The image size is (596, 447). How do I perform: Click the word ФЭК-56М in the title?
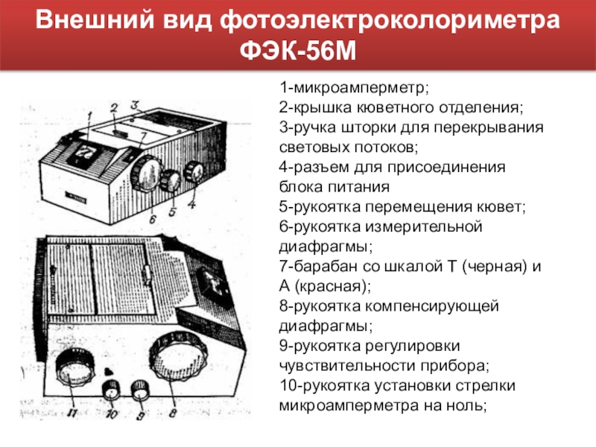tap(298, 51)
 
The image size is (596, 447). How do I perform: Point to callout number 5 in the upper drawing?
tap(172, 212)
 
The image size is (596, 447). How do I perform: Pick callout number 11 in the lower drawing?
tap(72, 413)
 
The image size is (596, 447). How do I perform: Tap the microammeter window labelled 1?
tap(84, 151)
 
